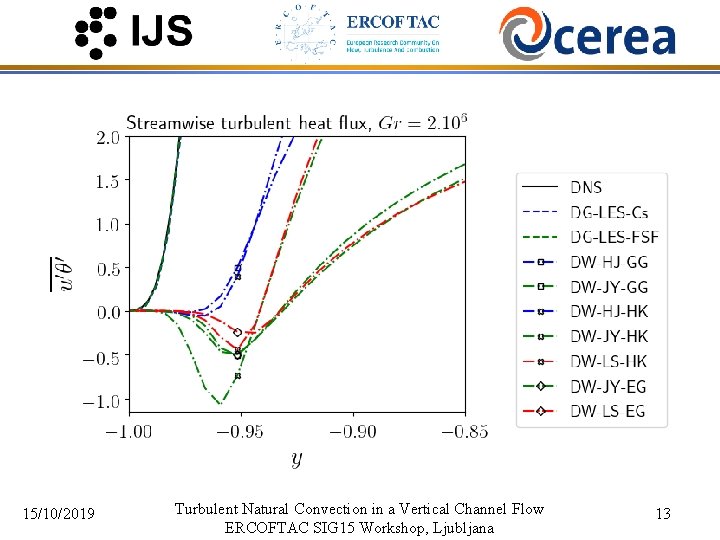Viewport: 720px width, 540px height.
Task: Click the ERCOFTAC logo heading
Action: pyautogui.click(x=392, y=21)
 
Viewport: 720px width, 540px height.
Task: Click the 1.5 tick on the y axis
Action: pyautogui.click(x=109, y=181)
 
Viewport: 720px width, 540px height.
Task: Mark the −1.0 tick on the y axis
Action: pyautogui.click(x=104, y=401)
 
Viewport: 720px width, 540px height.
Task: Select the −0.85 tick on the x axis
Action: pyautogui.click(x=464, y=431)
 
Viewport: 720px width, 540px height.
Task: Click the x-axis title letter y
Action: pyautogui.click(x=296, y=459)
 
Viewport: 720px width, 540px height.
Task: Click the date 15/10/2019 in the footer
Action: pyautogui.click(x=59, y=514)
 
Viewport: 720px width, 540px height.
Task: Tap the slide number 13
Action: pyautogui.click(x=662, y=514)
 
